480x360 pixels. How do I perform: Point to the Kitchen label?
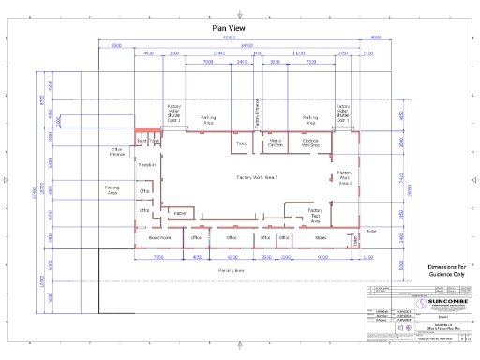click(x=180, y=214)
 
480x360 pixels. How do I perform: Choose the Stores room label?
click(x=322, y=237)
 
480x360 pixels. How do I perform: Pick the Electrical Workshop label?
click(x=310, y=144)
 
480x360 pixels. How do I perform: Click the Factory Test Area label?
click(x=315, y=215)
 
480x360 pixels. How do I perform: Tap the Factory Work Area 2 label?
click(x=345, y=178)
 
